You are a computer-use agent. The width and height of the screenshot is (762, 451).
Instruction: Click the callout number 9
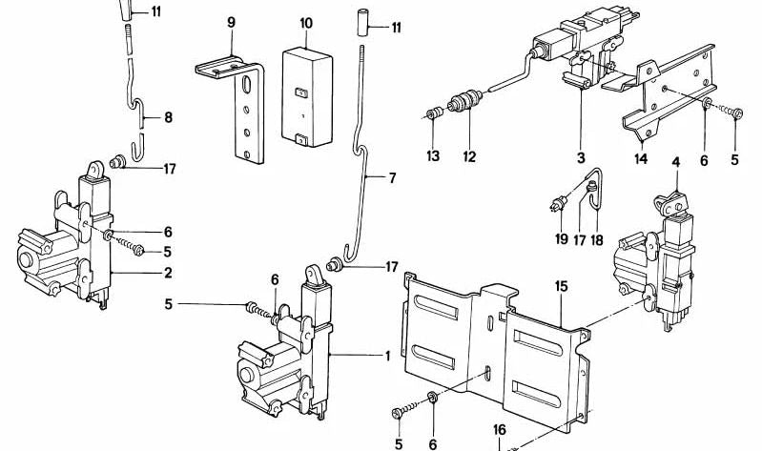(x=231, y=22)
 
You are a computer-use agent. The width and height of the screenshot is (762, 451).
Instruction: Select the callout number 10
(x=305, y=22)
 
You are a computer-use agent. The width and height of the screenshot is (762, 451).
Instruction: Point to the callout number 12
(x=468, y=155)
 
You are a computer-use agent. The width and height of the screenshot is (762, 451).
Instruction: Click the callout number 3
(x=580, y=154)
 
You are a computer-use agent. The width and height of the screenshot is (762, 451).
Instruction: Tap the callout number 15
(x=562, y=286)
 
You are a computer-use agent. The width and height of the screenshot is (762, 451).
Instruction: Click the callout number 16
(x=499, y=431)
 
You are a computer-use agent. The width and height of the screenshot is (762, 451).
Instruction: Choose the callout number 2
(x=168, y=274)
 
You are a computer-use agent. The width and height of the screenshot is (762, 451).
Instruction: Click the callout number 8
(x=168, y=118)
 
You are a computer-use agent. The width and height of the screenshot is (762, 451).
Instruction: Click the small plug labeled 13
(x=434, y=115)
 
